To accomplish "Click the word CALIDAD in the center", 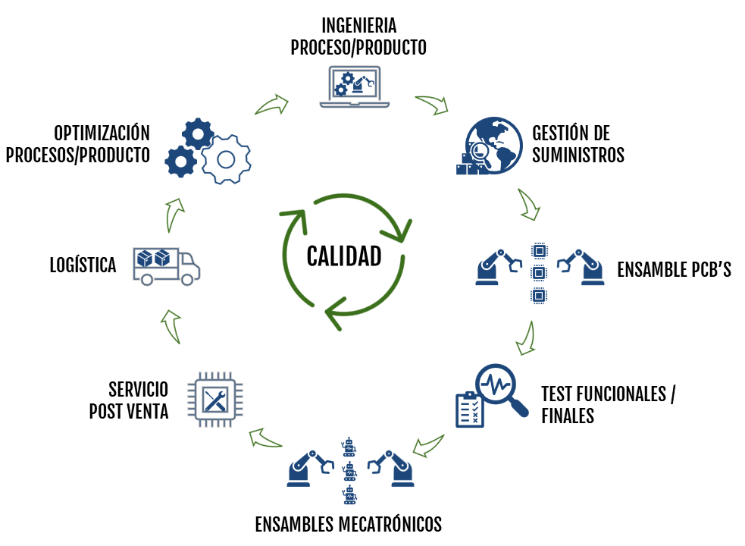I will click(x=343, y=256).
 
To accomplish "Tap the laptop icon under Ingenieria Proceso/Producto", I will click(x=358, y=85).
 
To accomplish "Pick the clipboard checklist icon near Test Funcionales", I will click(x=468, y=409).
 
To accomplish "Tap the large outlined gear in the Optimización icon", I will click(x=225, y=159).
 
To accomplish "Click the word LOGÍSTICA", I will click(x=83, y=265).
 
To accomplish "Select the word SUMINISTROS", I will click(x=578, y=155).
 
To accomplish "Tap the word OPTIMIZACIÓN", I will click(x=102, y=133).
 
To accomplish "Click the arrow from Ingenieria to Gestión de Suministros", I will click(x=431, y=104).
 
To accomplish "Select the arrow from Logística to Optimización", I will click(x=174, y=215).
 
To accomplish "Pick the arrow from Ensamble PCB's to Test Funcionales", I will click(x=525, y=338).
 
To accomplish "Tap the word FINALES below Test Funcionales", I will click(x=568, y=415).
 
